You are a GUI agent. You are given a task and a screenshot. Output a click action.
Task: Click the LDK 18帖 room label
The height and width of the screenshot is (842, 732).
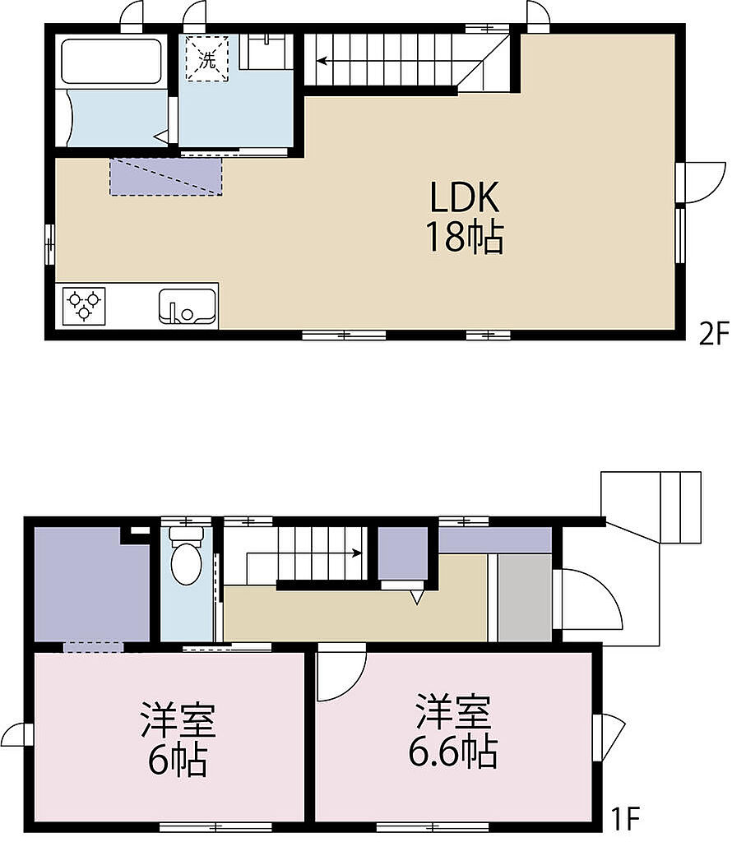coord(465,217)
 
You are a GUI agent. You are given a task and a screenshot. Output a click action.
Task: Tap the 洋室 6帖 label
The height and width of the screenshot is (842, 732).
coord(178,738)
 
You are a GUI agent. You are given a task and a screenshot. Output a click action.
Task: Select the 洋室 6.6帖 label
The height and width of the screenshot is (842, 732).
coord(453,730)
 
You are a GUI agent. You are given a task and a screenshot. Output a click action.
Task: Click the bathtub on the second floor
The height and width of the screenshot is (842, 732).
coord(112,60)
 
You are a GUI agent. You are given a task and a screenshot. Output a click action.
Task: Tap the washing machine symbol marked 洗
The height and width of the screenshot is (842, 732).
coord(207,58)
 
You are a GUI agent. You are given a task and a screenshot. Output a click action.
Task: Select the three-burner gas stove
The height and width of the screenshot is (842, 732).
coord(84,306)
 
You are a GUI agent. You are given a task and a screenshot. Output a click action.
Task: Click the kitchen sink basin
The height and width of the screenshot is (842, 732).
coord(187,306)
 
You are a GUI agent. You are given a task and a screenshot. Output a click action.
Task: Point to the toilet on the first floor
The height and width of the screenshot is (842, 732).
coord(187,556)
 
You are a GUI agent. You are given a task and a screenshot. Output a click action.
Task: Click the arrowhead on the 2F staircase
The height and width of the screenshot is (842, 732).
coord(322,61)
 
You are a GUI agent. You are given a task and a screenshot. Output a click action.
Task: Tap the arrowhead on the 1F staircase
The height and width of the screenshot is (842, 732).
coord(357,553)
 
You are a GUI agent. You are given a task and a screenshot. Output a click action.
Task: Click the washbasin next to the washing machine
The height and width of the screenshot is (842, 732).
coord(266,52)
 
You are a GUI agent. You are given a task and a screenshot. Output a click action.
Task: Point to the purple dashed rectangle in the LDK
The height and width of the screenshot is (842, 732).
coord(166,176)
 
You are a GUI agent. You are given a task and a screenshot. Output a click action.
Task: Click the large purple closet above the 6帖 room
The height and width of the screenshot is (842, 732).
coord(92,585)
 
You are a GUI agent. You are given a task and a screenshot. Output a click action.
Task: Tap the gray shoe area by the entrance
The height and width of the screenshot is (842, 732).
coord(525,598)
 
